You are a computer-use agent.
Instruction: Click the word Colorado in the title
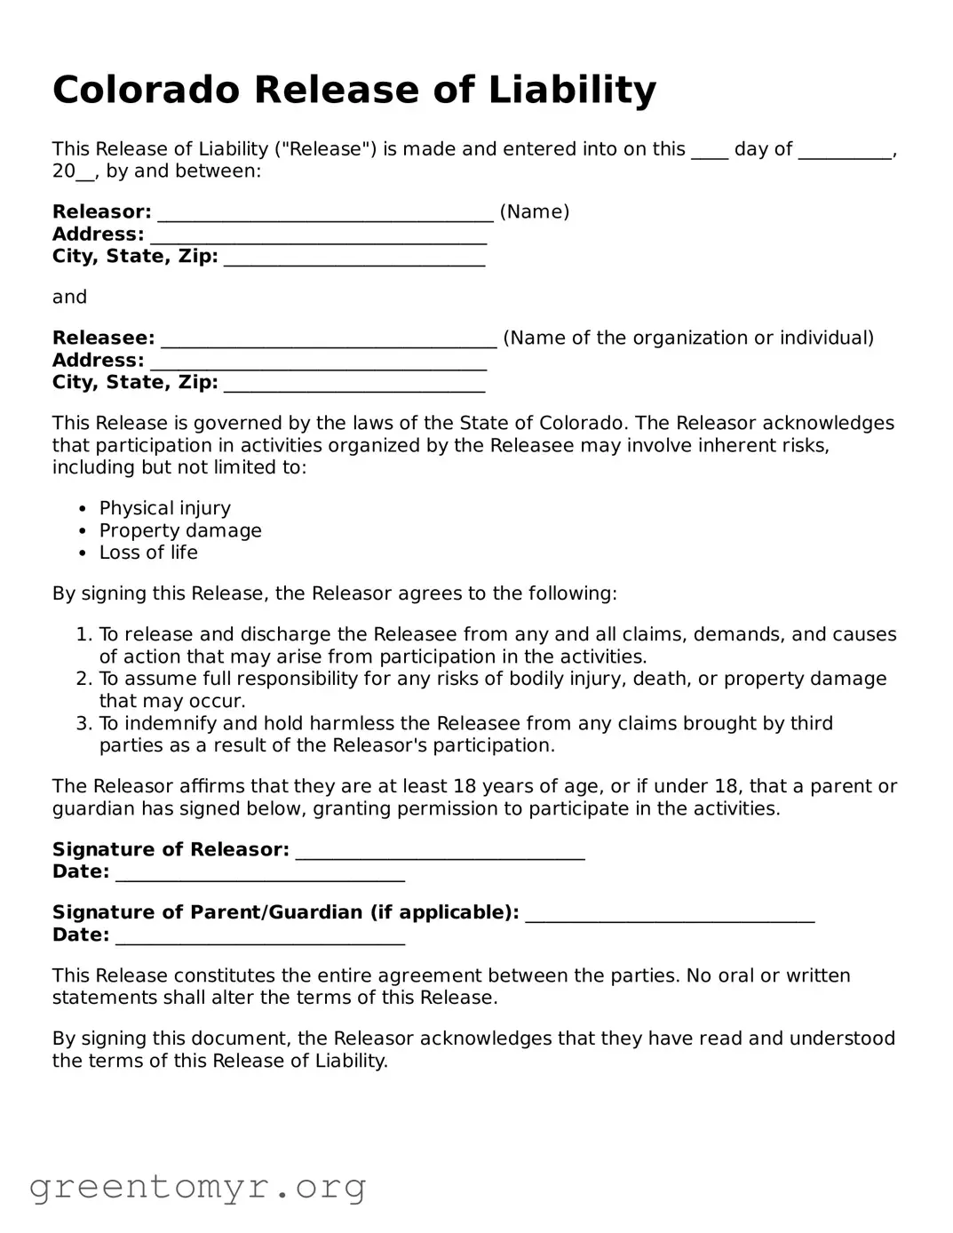146,90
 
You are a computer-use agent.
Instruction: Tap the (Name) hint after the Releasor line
535,211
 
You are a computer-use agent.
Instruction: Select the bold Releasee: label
103,338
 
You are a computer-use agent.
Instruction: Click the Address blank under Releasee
318,362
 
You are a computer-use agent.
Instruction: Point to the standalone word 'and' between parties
69,297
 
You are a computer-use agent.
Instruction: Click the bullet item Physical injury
164,508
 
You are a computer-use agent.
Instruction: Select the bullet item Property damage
180,530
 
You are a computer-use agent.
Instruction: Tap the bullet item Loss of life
148,553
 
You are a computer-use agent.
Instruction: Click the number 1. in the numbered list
84,634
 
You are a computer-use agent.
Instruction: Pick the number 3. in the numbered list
84,723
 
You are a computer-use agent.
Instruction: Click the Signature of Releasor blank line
440,852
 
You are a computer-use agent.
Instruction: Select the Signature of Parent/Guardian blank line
670,915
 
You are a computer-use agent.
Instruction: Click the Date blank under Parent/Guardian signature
260,937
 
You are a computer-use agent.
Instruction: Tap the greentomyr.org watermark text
197,1187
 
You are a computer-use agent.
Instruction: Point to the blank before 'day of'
709,151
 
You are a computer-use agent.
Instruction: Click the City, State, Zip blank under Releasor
354,259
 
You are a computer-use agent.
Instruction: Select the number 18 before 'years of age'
465,786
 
